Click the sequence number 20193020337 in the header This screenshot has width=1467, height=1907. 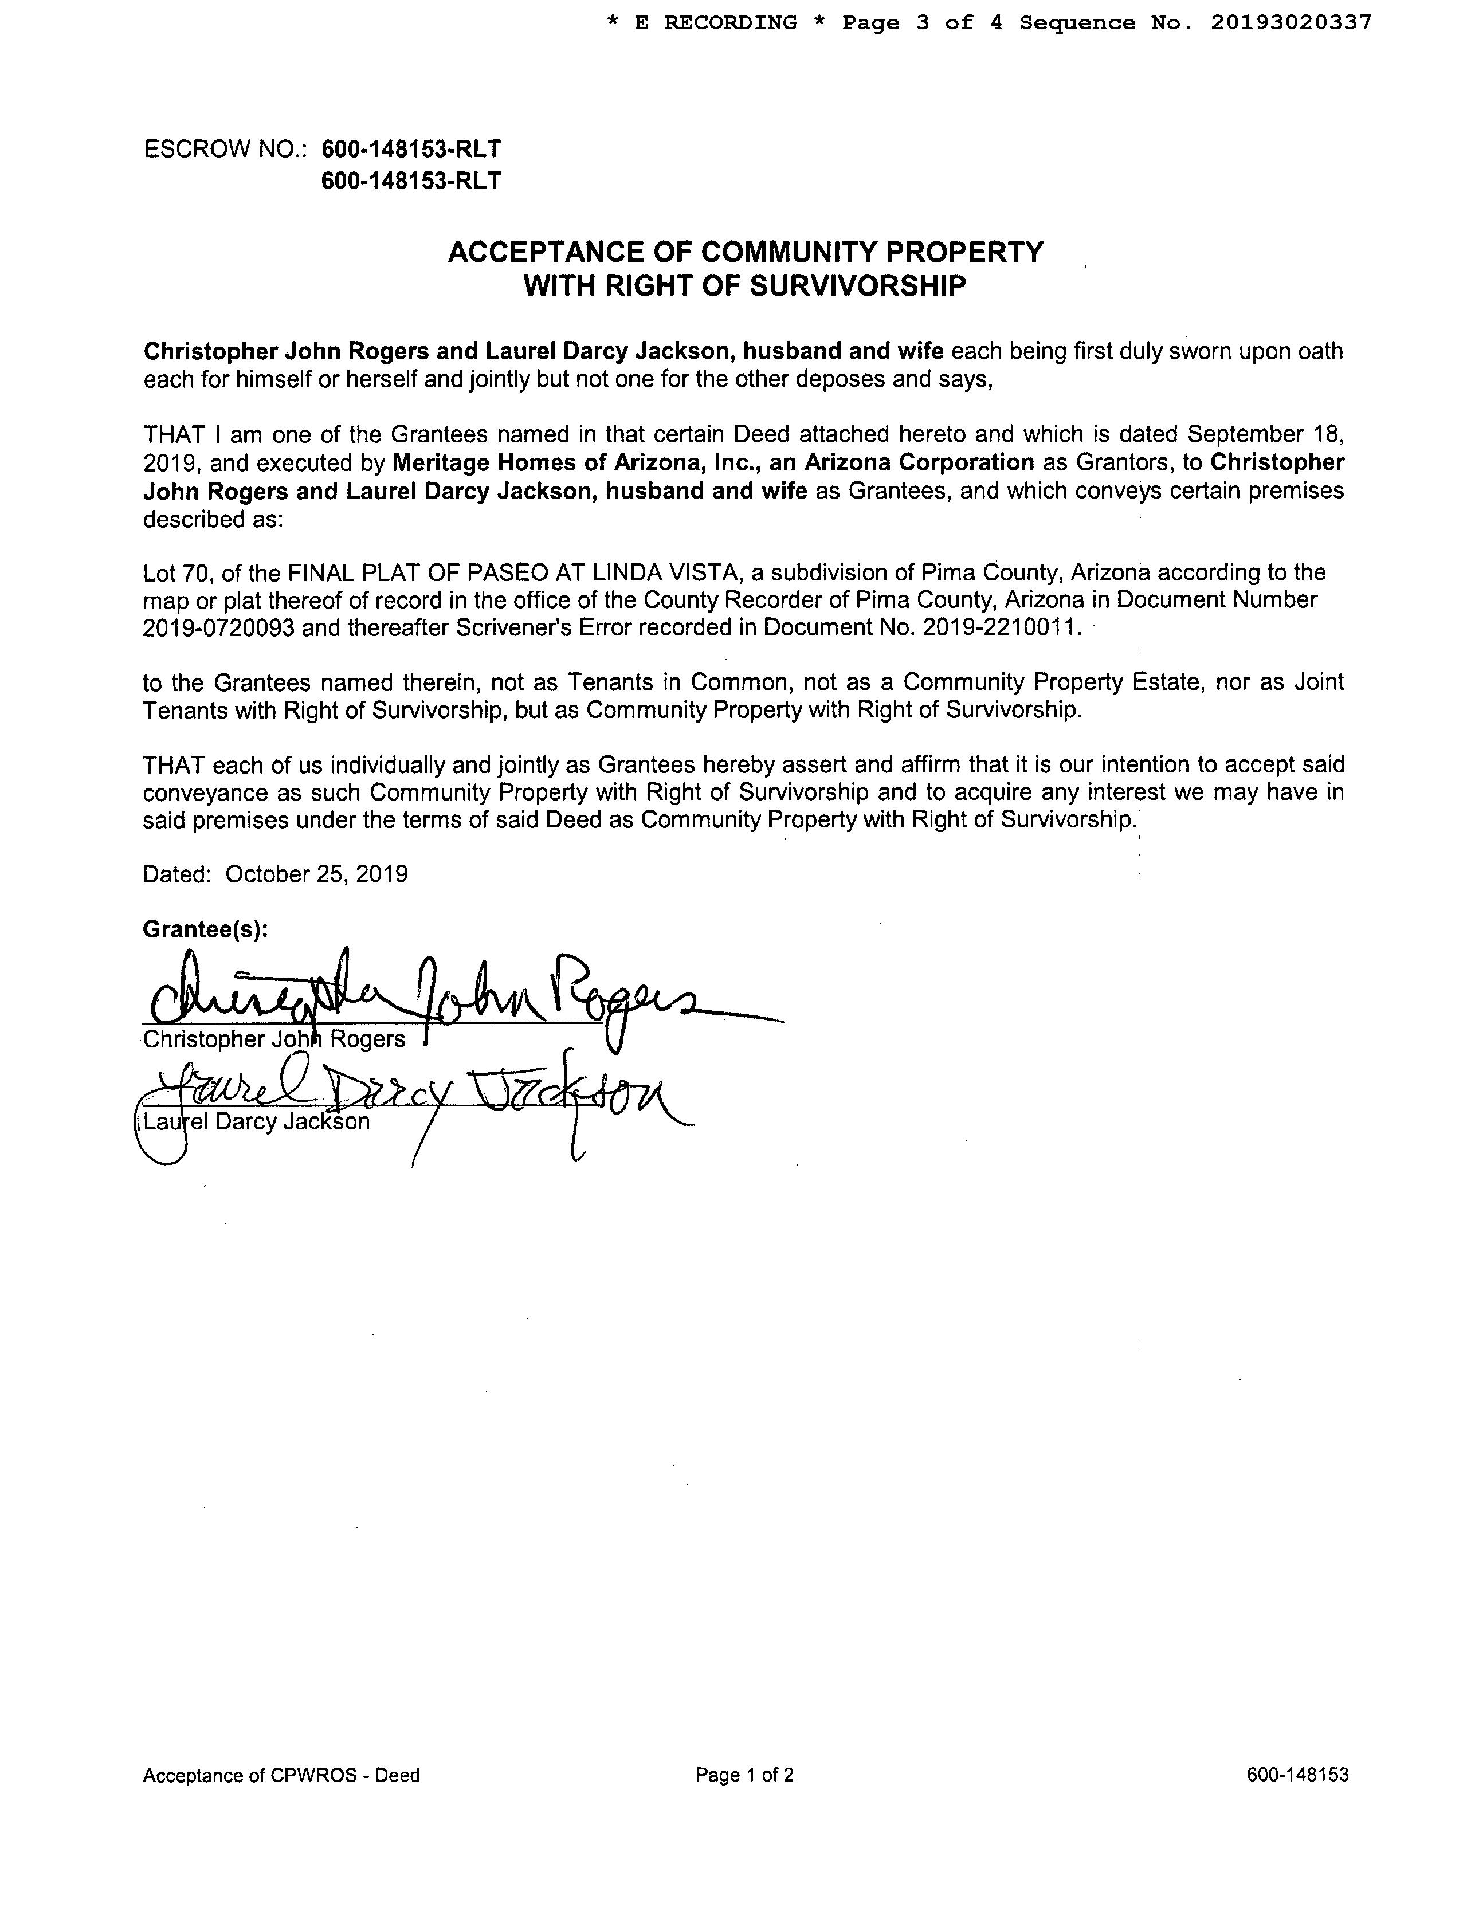1291,23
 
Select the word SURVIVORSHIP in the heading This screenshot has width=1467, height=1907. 857,287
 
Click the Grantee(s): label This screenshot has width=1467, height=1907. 205,929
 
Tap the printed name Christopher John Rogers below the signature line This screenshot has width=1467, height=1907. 274,1039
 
